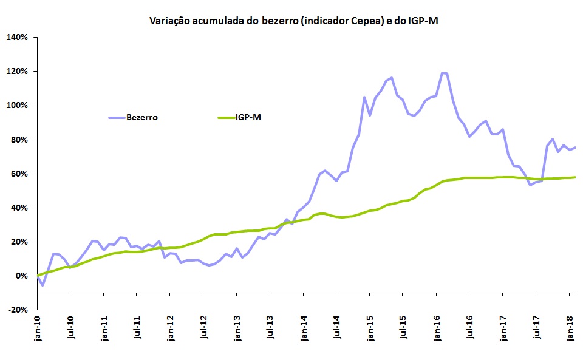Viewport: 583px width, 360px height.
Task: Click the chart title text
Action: (x=294, y=21)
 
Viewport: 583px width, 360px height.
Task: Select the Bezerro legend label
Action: (x=142, y=118)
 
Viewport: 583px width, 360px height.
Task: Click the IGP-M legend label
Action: (x=249, y=118)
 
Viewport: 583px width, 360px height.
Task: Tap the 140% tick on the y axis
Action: (x=17, y=38)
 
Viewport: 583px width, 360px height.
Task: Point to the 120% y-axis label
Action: (x=17, y=72)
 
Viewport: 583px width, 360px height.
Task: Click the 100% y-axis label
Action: (x=17, y=106)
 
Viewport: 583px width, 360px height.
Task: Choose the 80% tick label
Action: (x=19, y=140)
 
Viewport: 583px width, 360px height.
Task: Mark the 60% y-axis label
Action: (x=19, y=174)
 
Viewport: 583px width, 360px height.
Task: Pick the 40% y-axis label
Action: (x=19, y=208)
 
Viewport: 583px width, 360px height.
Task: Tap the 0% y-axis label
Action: (x=22, y=276)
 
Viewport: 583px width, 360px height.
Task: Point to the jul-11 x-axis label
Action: (x=138, y=330)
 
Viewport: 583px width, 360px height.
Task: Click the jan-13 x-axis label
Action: (x=237, y=330)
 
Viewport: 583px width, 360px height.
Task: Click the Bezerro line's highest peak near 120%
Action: (x=442, y=73)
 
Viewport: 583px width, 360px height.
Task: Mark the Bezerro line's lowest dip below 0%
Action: (x=43, y=285)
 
